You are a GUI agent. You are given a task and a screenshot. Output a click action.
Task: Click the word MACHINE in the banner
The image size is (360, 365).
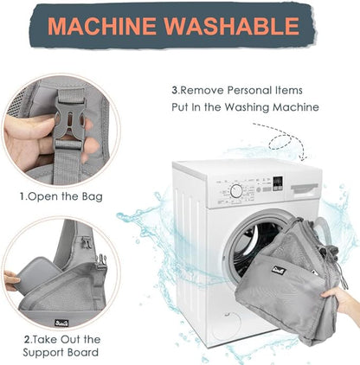point(102,26)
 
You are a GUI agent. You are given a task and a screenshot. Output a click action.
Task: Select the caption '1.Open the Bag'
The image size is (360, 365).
point(61,196)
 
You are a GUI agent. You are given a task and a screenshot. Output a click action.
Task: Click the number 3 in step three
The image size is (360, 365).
point(175,90)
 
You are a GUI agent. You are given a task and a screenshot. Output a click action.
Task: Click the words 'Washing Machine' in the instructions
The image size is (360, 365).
point(272,107)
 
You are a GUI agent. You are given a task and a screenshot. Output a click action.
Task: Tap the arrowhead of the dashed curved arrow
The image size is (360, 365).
point(302,158)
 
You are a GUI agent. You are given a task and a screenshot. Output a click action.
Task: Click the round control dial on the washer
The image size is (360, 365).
point(236,191)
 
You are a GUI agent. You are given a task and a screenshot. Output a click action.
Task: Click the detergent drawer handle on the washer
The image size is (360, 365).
point(305,189)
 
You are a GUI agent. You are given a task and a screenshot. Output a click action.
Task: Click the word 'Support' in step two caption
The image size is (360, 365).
point(42,353)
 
